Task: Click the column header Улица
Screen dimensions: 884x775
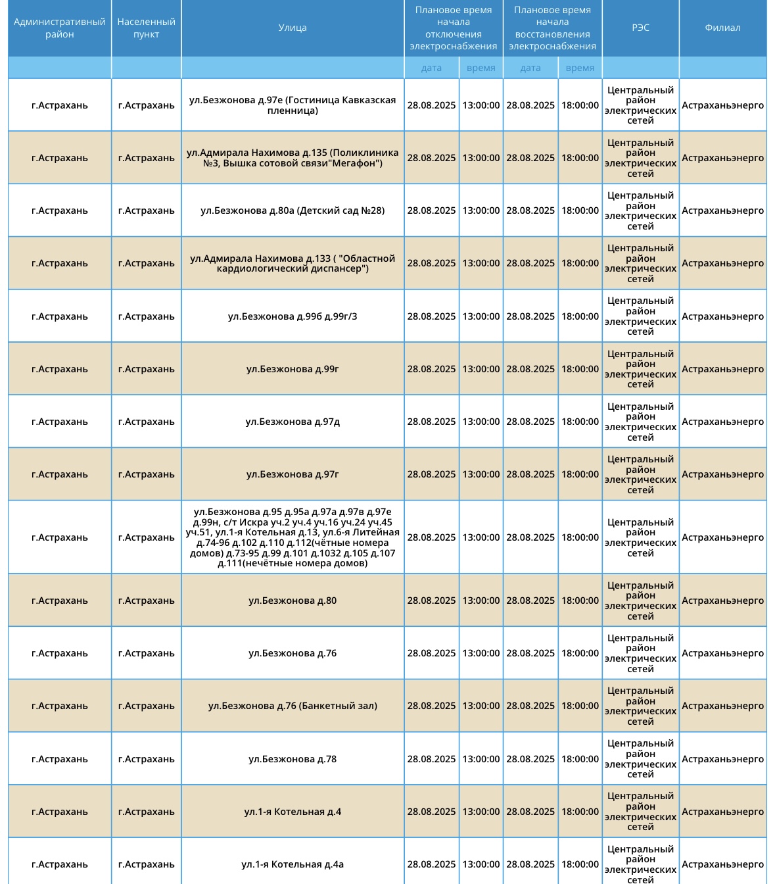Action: (x=293, y=28)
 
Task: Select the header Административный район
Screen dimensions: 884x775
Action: (x=60, y=28)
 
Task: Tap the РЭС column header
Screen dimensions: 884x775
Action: (x=640, y=28)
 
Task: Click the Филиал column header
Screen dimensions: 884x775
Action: (x=722, y=28)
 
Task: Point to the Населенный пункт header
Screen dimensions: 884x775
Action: (x=146, y=28)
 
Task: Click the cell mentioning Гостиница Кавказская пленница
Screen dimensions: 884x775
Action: (x=293, y=105)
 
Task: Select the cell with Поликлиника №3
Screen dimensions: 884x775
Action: (x=293, y=158)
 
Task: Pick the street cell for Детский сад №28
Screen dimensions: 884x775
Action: (x=293, y=210)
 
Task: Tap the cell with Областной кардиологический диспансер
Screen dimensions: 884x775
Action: (x=293, y=263)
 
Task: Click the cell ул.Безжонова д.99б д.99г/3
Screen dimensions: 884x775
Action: (x=293, y=316)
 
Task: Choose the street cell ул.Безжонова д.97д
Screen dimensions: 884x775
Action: (x=293, y=422)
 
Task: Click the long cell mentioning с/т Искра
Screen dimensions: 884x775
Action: (x=293, y=537)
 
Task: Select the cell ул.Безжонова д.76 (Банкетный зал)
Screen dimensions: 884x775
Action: (x=293, y=706)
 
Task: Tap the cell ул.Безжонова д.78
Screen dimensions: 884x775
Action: (x=293, y=759)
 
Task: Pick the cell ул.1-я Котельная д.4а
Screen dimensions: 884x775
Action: (x=293, y=864)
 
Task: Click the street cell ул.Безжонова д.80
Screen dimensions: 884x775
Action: (x=293, y=601)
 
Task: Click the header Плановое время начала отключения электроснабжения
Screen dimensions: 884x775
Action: (x=454, y=28)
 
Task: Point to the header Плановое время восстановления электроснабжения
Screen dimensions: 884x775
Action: (x=552, y=28)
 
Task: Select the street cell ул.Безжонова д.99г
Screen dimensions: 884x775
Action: (x=293, y=369)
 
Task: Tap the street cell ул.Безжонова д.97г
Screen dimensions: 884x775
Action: (x=293, y=474)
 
